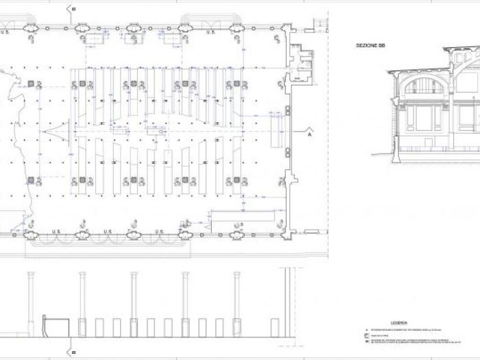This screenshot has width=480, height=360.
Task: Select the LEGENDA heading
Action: (399, 321)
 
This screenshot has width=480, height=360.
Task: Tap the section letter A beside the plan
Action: (309, 134)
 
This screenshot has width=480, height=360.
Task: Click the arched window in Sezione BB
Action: (424, 86)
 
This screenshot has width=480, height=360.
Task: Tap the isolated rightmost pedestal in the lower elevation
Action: (274, 327)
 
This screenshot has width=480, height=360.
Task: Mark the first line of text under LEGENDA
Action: (411, 328)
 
